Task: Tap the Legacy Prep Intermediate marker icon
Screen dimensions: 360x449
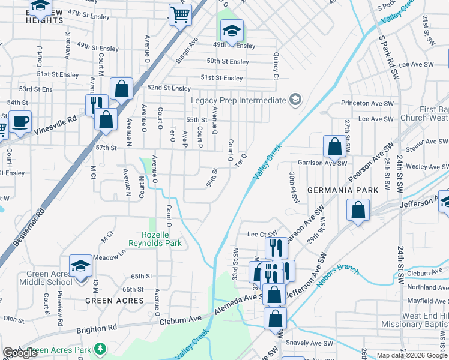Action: click(295, 100)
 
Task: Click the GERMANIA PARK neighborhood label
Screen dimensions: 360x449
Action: click(343, 190)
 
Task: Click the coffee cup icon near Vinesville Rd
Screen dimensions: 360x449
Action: click(20, 122)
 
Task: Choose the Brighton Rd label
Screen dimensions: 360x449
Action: click(96, 329)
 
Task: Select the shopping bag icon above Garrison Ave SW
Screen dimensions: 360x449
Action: click(334, 146)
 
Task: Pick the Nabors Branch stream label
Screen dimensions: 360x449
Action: click(338, 272)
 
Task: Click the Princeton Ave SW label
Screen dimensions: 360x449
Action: click(366, 103)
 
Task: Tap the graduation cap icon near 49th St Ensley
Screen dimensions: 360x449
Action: click(231, 30)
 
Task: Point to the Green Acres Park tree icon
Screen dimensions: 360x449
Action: click(101, 349)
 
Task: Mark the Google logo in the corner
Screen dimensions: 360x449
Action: click(20, 353)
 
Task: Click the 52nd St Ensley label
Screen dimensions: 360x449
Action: click(169, 88)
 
